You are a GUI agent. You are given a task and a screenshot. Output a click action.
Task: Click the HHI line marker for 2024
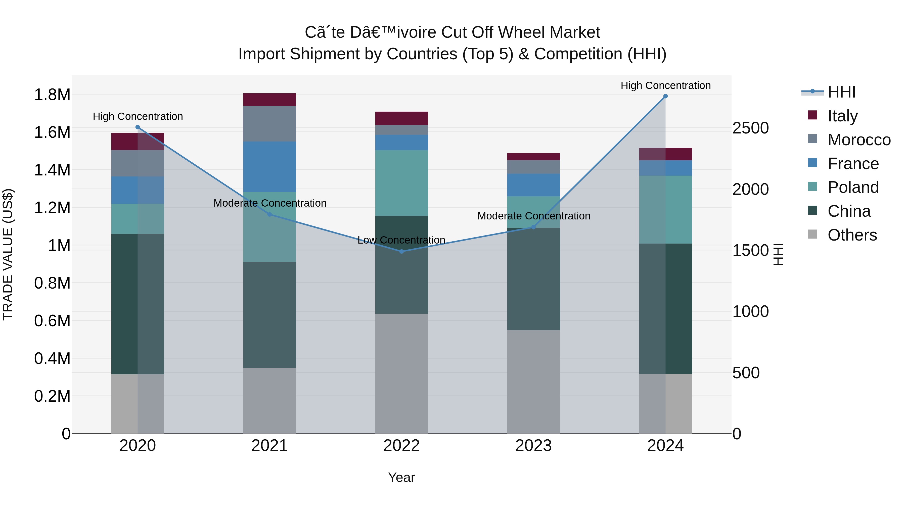point(665,96)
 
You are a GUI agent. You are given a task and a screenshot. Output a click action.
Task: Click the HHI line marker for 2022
point(401,252)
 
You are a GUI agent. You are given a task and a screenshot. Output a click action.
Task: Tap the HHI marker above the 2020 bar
point(138,127)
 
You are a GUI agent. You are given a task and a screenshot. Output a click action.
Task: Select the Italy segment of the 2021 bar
point(269,100)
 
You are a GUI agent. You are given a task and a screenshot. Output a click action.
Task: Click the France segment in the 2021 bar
point(269,167)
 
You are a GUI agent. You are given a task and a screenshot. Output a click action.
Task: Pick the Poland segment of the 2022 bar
point(401,183)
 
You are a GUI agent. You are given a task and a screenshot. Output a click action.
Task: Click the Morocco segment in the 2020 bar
point(138,163)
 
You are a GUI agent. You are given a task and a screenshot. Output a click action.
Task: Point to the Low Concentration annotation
point(401,240)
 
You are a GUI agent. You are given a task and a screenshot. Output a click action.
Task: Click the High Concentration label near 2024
point(665,86)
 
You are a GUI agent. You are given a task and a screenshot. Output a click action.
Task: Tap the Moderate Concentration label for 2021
point(270,203)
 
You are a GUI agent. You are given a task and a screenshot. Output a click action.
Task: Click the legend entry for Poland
point(853,187)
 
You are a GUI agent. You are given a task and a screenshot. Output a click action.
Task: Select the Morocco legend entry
point(859,140)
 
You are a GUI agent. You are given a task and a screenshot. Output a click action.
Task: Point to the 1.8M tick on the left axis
point(52,95)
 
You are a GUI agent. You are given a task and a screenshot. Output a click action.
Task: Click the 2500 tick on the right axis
point(750,128)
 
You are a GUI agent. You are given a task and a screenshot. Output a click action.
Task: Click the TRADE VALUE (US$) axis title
point(8,254)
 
